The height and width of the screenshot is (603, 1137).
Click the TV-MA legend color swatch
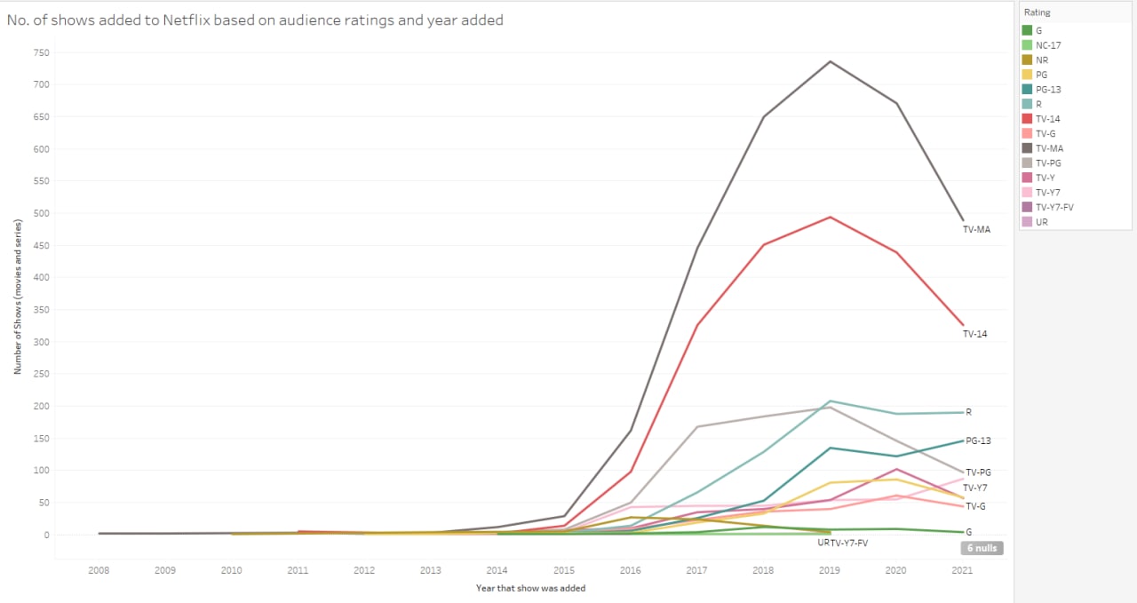pos(1028,148)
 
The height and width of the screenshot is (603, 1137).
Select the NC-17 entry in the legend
pos(1042,45)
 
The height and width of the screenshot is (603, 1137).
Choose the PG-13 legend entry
pos(1048,90)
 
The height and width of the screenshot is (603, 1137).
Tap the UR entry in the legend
pos(1041,222)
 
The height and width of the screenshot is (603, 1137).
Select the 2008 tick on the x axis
pos(99,570)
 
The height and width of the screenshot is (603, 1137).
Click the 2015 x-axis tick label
pos(563,570)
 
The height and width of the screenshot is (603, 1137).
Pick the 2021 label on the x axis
pos(962,570)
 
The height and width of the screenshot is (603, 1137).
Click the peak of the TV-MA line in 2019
pos(830,61)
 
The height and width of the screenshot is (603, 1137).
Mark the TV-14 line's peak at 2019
pos(830,217)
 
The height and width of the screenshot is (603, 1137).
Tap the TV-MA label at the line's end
pos(976,229)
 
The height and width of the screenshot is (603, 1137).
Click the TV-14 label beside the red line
pos(974,334)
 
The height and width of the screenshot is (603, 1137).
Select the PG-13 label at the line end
pos(978,440)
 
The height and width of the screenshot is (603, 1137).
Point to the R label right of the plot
pos(969,412)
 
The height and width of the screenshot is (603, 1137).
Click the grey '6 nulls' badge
pos(982,549)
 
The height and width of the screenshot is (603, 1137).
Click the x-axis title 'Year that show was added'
pos(530,588)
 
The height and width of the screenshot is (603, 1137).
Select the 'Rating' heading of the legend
pos(1036,12)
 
